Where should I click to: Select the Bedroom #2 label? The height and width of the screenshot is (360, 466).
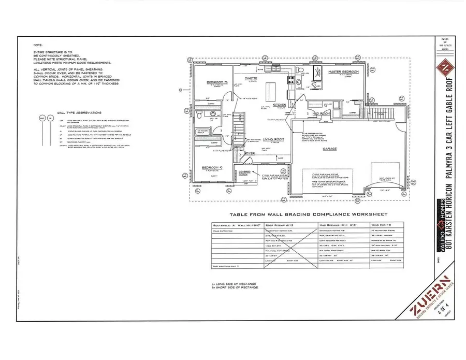point(213,168)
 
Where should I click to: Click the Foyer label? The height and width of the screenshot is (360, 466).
point(251,153)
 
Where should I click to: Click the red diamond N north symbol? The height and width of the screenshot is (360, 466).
point(443,69)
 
